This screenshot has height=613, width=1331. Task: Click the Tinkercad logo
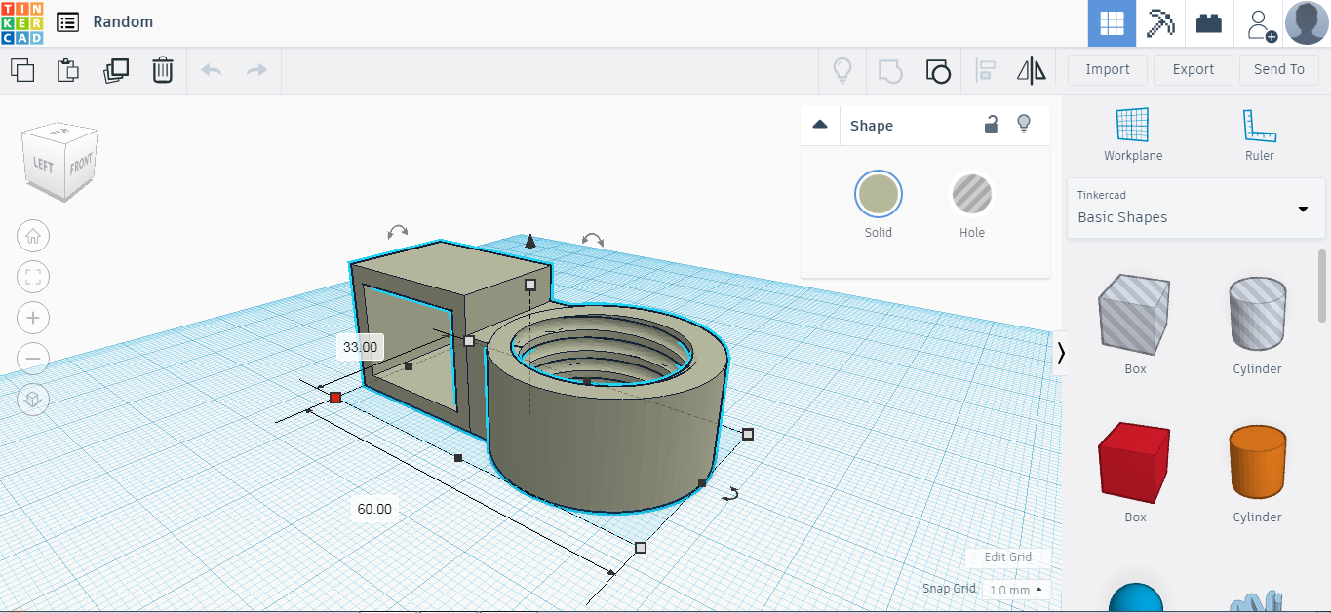click(21, 22)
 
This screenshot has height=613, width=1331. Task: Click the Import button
click(1107, 69)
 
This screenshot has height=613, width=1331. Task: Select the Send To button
click(1277, 69)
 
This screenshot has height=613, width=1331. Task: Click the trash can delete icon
click(162, 70)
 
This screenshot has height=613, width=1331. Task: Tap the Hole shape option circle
click(971, 195)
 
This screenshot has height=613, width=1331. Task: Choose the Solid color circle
click(878, 195)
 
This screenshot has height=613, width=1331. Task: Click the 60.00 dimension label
click(373, 509)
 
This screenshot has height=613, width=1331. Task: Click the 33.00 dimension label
click(360, 346)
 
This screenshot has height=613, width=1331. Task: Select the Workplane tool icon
click(1132, 126)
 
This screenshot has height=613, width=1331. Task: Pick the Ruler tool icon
click(1259, 126)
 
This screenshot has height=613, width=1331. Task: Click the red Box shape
click(1134, 462)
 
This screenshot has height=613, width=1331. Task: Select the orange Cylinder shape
click(1256, 462)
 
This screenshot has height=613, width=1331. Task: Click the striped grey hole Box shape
click(1134, 314)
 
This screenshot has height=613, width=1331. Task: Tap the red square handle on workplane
click(335, 397)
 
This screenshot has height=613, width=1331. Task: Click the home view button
click(33, 236)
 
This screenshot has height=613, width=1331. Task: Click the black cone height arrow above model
click(529, 241)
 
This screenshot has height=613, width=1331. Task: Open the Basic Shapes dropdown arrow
click(1303, 209)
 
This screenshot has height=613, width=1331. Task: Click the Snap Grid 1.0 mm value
click(1014, 590)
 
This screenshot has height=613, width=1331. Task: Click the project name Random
click(123, 21)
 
